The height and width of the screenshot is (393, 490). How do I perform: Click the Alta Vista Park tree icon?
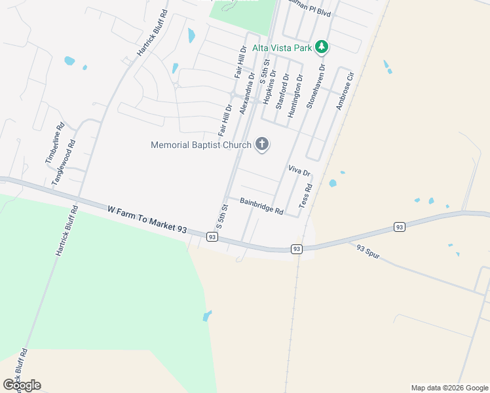point(321,47)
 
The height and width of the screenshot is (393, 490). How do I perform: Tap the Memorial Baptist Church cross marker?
point(261,145)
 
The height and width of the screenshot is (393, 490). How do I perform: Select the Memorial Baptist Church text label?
point(200,145)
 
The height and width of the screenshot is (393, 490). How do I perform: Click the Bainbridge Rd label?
point(261,206)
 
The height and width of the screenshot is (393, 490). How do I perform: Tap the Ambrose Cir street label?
point(345,91)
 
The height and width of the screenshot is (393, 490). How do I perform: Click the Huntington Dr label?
point(295,96)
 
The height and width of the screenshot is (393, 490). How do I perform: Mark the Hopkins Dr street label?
point(268,90)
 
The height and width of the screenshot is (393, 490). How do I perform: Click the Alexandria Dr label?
point(247,94)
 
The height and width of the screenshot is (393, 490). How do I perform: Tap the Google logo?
point(22,385)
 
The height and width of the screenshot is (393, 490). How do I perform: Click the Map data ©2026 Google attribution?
point(449,388)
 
